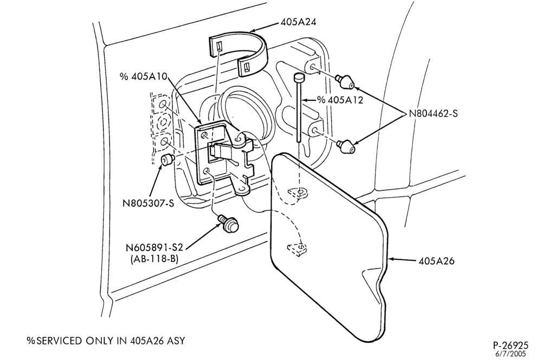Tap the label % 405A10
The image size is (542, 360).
pyautogui.click(x=144, y=76)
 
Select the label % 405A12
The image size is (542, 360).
pyautogui.click(x=340, y=100)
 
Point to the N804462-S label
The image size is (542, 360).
pyautogui.click(x=433, y=113)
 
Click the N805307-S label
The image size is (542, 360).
pyautogui.click(x=149, y=203)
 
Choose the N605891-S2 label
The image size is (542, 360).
pyautogui.click(x=154, y=248)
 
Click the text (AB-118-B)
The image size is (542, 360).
pyautogui.click(x=154, y=259)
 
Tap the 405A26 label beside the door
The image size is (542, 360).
pyautogui.click(x=436, y=261)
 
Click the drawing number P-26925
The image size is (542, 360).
pyautogui.click(x=510, y=345)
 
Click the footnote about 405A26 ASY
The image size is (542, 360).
pyautogui.click(x=106, y=340)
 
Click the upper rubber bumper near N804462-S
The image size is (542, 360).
pyautogui.click(x=345, y=82)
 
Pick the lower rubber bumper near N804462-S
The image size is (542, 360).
pyautogui.click(x=346, y=146)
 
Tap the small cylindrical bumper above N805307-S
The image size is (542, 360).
pyautogui.click(x=167, y=160)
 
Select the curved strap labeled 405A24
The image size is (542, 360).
pyautogui.click(x=238, y=52)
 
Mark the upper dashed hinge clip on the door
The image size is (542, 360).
pyautogui.click(x=298, y=192)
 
